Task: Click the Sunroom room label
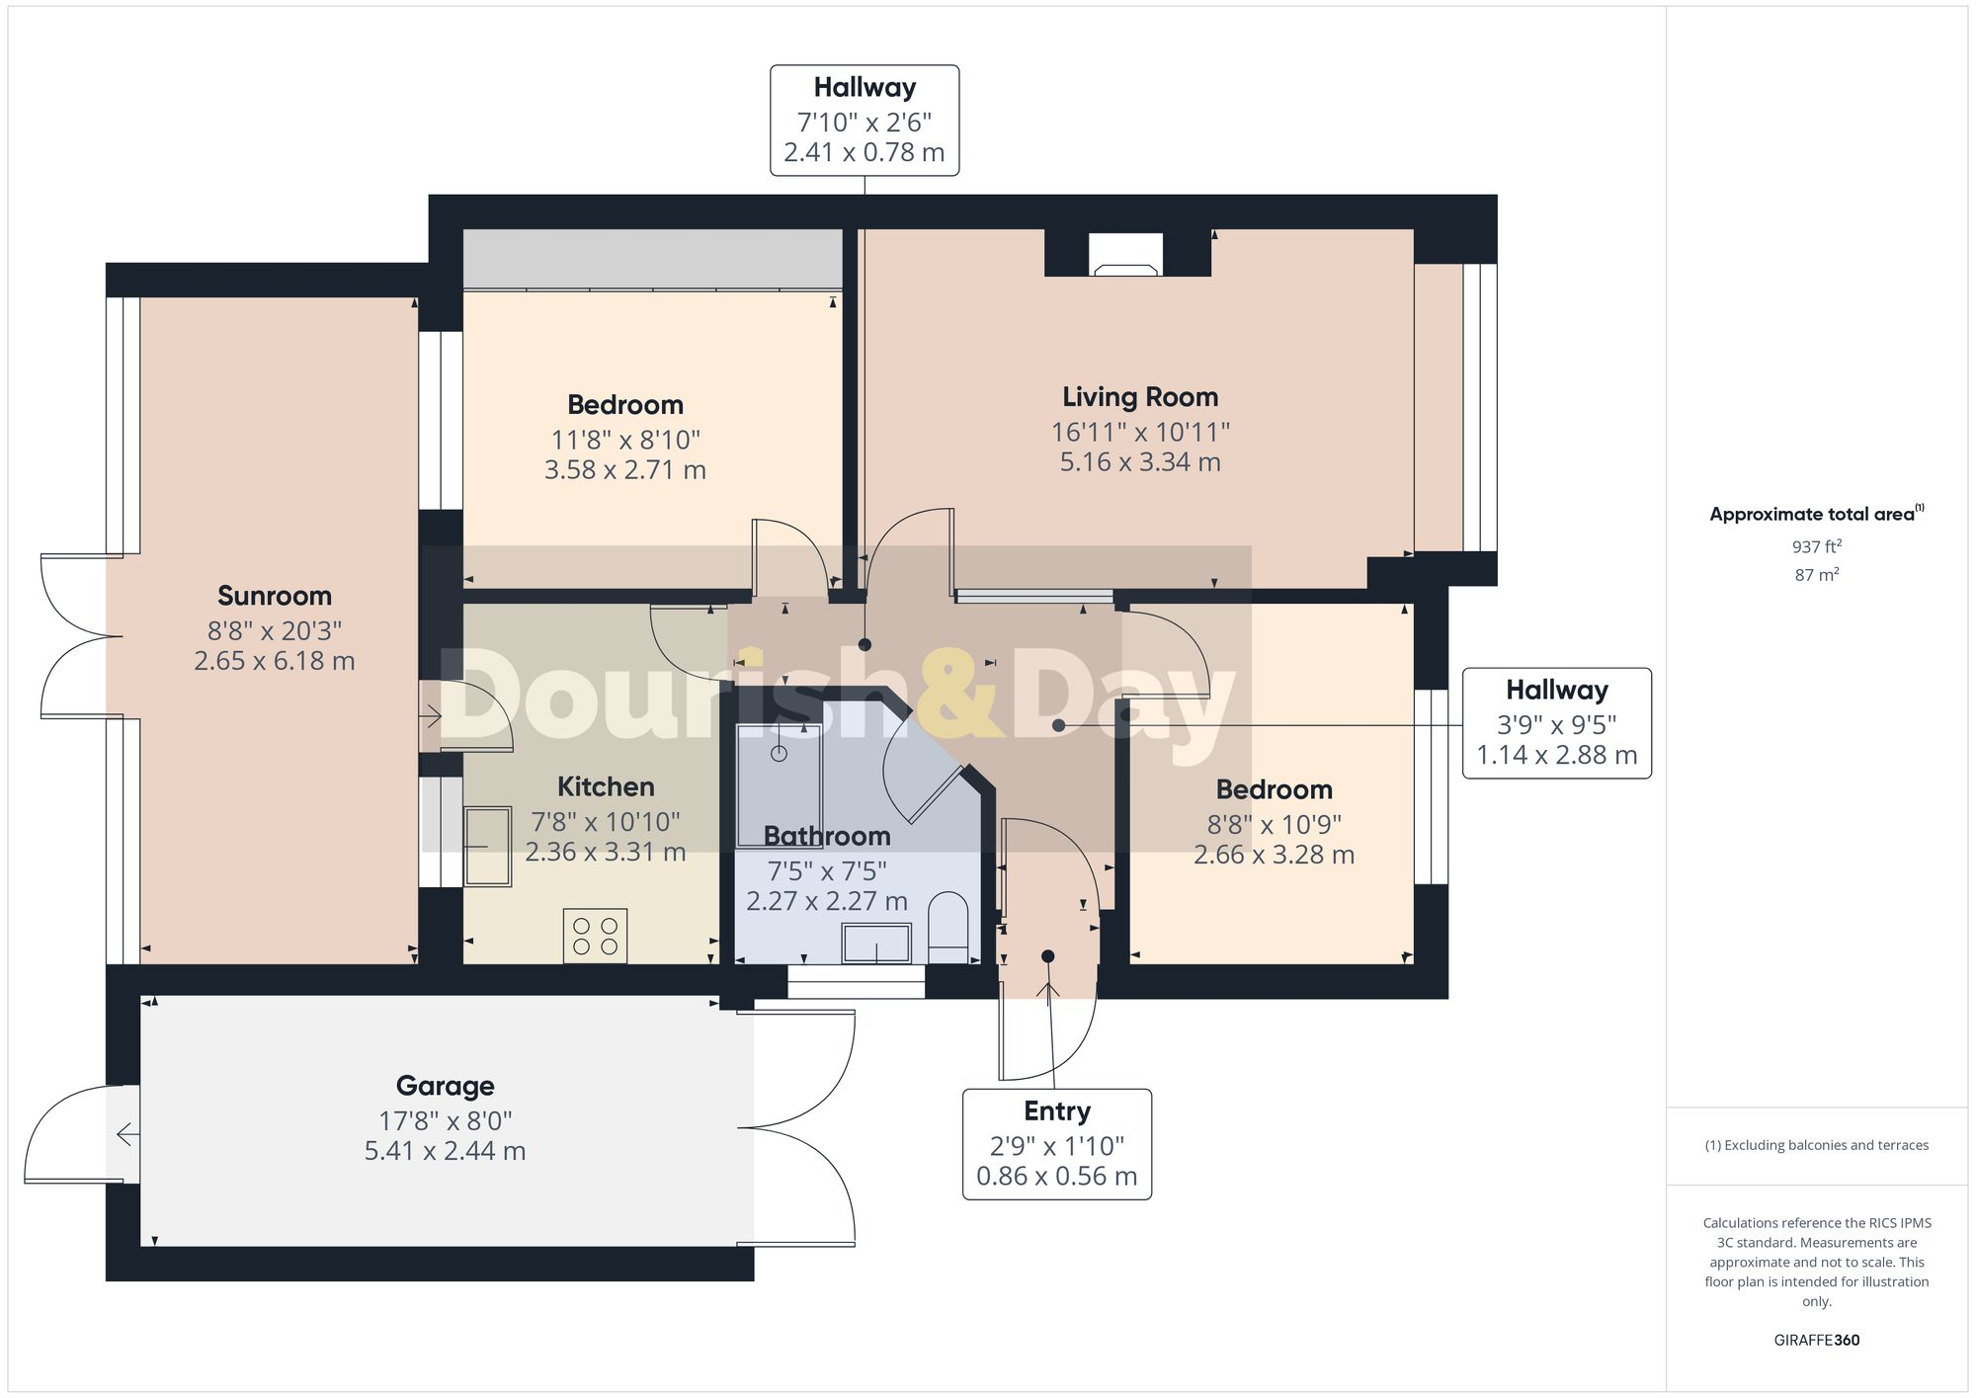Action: click(275, 596)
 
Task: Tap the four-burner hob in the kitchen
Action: click(595, 936)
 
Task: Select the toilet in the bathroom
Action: click(949, 927)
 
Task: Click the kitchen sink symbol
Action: click(487, 846)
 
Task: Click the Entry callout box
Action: click(1056, 1144)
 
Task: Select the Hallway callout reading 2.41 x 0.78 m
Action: click(864, 121)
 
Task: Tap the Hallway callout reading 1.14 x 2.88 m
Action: click(1556, 723)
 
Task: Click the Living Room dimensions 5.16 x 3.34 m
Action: click(1140, 462)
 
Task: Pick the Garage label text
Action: click(445, 1086)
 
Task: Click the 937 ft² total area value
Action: click(1816, 546)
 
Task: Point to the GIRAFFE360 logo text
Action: click(1816, 1341)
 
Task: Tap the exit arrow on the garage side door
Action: click(126, 1134)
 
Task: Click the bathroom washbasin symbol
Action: click(876, 943)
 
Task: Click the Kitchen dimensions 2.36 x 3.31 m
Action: click(605, 853)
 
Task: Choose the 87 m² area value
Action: click(1816, 575)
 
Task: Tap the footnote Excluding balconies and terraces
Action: click(1816, 1146)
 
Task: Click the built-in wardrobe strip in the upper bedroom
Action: click(652, 259)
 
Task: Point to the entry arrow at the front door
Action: click(1048, 992)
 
